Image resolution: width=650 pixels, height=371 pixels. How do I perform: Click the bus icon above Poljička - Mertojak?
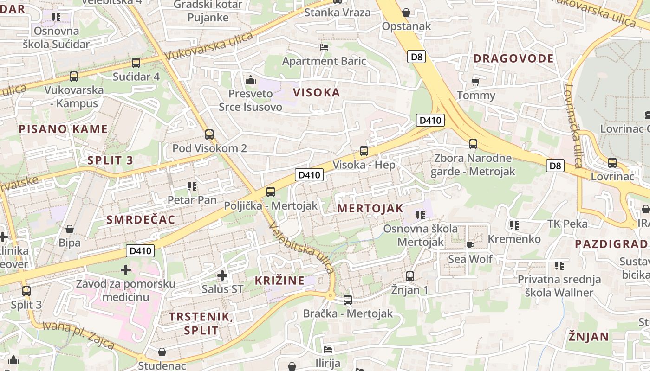click(x=271, y=192)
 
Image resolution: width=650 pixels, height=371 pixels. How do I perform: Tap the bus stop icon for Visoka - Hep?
click(x=364, y=151)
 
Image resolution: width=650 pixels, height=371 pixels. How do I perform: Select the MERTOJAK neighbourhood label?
click(x=370, y=208)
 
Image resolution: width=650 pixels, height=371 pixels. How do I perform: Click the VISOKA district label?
click(x=316, y=92)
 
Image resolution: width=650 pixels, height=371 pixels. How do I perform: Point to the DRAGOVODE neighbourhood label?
click(x=513, y=58)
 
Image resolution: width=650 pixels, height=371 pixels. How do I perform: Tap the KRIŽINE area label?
click(x=279, y=280)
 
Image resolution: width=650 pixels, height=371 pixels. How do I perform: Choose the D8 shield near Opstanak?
click(x=416, y=57)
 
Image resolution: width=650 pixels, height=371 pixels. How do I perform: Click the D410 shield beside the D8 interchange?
click(x=430, y=121)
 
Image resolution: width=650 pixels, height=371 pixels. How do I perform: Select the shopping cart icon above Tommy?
click(x=475, y=82)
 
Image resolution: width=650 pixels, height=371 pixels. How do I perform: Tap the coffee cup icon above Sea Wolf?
click(x=470, y=245)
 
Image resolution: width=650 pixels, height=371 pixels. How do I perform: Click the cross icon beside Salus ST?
click(x=222, y=275)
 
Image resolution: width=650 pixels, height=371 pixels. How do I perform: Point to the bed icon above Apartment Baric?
click(x=324, y=47)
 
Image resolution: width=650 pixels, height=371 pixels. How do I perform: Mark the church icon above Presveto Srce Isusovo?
click(x=251, y=80)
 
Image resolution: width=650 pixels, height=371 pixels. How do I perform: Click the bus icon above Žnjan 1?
click(x=409, y=276)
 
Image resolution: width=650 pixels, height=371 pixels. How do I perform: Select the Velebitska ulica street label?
click(x=301, y=248)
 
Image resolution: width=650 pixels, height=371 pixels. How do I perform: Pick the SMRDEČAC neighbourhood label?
click(x=141, y=219)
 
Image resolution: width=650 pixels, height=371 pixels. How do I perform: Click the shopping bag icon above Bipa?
click(x=70, y=229)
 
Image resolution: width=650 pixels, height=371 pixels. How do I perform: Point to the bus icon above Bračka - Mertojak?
click(x=348, y=300)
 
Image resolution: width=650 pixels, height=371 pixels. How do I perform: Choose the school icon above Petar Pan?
click(x=192, y=186)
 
